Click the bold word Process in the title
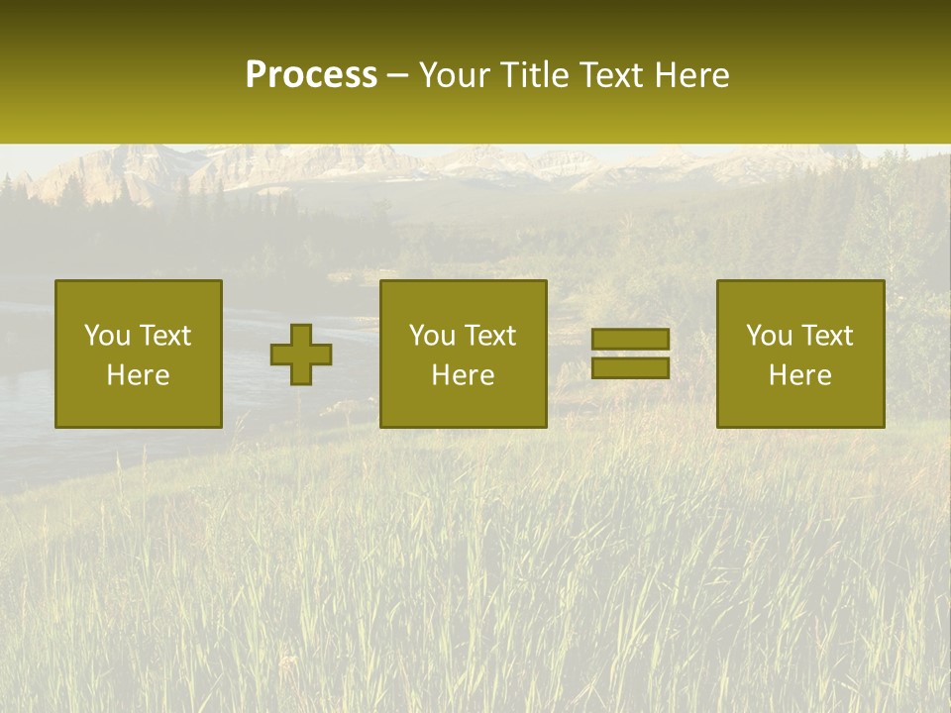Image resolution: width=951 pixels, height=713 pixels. click(x=311, y=75)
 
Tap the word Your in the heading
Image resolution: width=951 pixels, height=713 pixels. click(x=456, y=75)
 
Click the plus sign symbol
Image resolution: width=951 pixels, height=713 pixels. click(x=301, y=355)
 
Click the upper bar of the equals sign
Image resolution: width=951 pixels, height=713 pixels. click(x=630, y=339)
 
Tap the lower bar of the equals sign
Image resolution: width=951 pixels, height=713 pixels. click(x=630, y=367)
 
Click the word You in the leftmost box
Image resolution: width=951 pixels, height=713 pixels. click(x=107, y=336)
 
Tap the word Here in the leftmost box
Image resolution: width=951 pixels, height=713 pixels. click(x=139, y=375)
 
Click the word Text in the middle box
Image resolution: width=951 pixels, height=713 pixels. click(x=490, y=336)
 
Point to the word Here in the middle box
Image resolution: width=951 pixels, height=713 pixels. click(x=464, y=375)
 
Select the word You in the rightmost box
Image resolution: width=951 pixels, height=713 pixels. click(x=769, y=336)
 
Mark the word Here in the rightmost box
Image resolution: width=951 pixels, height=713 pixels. click(x=800, y=375)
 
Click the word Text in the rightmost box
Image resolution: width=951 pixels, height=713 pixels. click(x=827, y=336)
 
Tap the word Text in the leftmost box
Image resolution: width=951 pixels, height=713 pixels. click(x=165, y=336)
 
